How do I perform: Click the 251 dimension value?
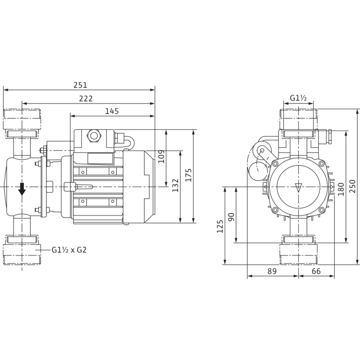click(80, 85)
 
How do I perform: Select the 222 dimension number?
click(86, 98)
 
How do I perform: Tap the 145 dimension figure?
click(111, 111)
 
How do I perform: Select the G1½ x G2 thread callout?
click(69, 250)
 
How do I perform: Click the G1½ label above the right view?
click(299, 99)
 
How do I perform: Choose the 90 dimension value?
click(233, 217)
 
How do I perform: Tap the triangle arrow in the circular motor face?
click(298, 187)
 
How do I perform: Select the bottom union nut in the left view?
click(22, 250)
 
